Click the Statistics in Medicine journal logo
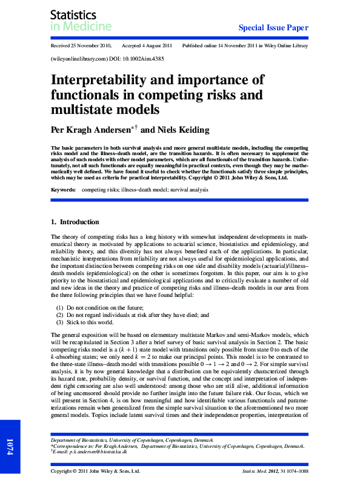tap(81, 20)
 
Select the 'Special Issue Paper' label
tap(273, 28)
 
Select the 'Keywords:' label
tap(64, 190)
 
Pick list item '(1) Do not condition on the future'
tap(106, 308)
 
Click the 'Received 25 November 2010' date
tap(82, 46)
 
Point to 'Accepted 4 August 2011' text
tap(147, 46)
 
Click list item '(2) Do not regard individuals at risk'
tap(133, 315)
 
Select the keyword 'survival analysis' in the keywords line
tap(188, 190)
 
